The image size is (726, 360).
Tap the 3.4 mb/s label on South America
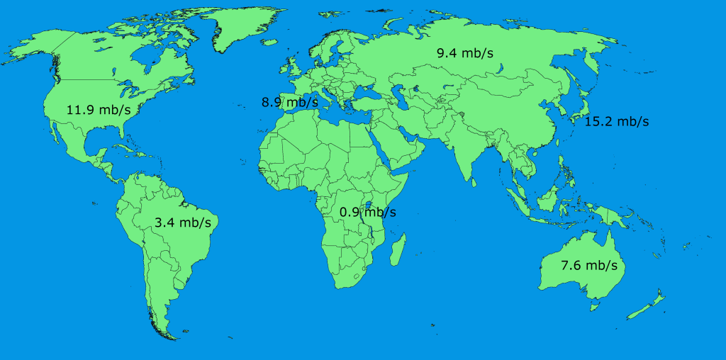[183, 223]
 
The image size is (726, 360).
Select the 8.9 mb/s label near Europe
[289, 103]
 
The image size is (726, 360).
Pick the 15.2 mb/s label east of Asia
[617, 121]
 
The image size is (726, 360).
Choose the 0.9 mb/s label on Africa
[367, 212]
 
